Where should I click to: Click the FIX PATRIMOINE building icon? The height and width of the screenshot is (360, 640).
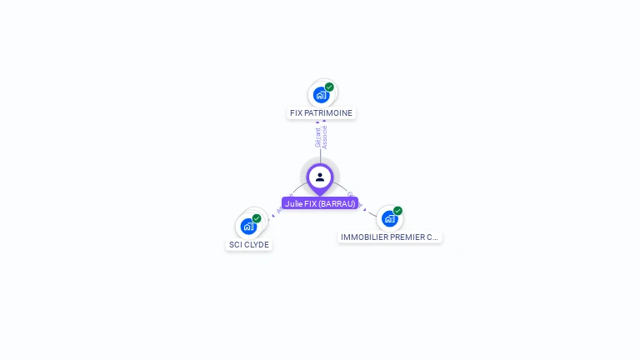(322, 95)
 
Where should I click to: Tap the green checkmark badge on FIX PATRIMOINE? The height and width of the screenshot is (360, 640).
(329, 87)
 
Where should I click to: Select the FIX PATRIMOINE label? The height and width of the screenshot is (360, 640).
(322, 113)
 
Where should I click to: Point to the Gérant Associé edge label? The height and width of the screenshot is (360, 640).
(321, 137)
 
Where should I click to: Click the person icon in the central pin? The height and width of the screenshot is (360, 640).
(320, 177)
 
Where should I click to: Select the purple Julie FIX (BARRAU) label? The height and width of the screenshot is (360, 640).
(320, 203)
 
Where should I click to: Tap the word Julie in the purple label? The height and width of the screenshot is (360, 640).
(292, 203)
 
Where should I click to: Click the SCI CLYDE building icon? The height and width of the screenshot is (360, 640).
(248, 226)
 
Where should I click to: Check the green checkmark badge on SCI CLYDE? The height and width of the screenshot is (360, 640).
(257, 218)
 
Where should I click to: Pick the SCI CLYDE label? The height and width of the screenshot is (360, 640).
(249, 245)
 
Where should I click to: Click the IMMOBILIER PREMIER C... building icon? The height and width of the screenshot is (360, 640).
(389, 219)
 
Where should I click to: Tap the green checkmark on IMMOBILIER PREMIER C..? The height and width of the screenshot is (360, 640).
(397, 211)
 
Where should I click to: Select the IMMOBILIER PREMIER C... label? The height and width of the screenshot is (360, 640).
(390, 237)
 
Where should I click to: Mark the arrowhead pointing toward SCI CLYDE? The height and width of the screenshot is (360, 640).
(269, 219)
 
